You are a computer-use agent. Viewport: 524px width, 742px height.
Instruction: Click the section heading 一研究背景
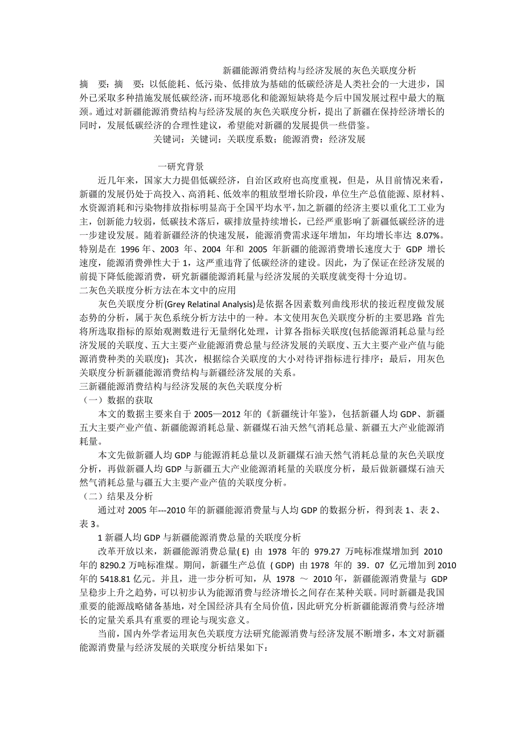[x=181, y=167]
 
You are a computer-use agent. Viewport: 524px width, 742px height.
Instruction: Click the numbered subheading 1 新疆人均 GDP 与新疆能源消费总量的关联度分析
[x=200, y=537]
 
